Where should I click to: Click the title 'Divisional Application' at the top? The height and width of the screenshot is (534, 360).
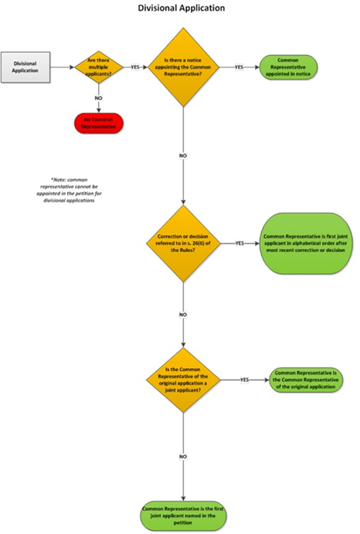coord(182,9)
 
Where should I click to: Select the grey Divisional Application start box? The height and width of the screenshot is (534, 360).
coord(25,66)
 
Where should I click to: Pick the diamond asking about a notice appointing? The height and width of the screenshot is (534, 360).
coord(183,67)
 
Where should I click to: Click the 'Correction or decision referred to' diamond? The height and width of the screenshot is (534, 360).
coord(183,243)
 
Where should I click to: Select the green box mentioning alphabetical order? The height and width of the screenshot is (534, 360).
coord(307,243)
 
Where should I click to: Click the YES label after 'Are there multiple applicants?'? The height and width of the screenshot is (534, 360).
coord(135,67)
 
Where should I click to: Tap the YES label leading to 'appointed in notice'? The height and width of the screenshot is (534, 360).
coord(239,67)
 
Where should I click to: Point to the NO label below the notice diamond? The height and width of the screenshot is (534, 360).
coord(183,157)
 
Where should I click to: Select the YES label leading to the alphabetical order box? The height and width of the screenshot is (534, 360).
coord(239,243)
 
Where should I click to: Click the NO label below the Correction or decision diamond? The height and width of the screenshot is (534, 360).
coord(183,315)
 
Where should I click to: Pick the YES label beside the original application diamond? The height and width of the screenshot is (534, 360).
coord(244,380)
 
